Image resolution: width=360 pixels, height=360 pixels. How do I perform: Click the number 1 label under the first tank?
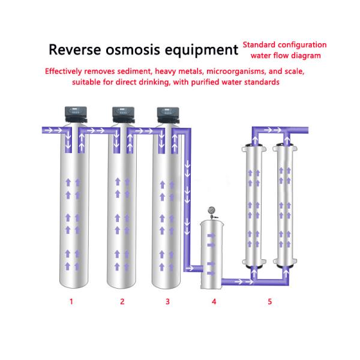(x=71, y=302)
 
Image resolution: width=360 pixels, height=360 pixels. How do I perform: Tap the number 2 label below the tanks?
(x=122, y=302)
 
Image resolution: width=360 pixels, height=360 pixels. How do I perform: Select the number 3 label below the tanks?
(x=168, y=302)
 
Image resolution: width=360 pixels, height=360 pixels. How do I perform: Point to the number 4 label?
(x=214, y=302)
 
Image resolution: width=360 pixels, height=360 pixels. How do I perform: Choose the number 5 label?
(x=269, y=302)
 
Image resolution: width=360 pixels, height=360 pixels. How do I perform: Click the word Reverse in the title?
(x=75, y=49)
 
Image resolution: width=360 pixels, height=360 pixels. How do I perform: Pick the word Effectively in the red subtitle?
(x=67, y=71)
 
